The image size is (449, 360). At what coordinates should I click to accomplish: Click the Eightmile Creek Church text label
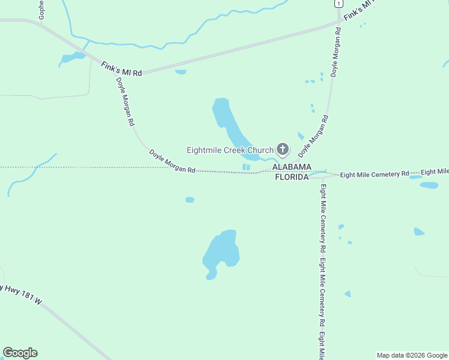click(x=230, y=150)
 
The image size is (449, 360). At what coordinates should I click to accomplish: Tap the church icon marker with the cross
click(x=283, y=149)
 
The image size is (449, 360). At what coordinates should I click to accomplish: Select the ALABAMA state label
click(x=292, y=167)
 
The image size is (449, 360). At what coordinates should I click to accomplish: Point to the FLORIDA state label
click(x=292, y=177)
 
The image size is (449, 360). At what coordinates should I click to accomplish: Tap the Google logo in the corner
click(x=20, y=353)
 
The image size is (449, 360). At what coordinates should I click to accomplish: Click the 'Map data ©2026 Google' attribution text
click(x=412, y=355)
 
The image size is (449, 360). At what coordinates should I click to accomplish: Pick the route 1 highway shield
click(x=339, y=4)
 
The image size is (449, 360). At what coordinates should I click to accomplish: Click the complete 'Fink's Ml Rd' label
click(x=121, y=68)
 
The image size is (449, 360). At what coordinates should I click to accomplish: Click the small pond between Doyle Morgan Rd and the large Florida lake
click(x=190, y=200)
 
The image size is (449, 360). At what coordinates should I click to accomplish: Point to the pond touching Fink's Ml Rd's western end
click(x=73, y=58)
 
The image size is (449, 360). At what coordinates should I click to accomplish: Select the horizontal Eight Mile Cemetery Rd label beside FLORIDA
click(x=374, y=174)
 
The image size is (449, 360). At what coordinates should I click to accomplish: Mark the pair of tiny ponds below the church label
click(x=246, y=167)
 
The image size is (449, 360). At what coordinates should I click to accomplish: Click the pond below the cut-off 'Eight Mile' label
click(x=429, y=185)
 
